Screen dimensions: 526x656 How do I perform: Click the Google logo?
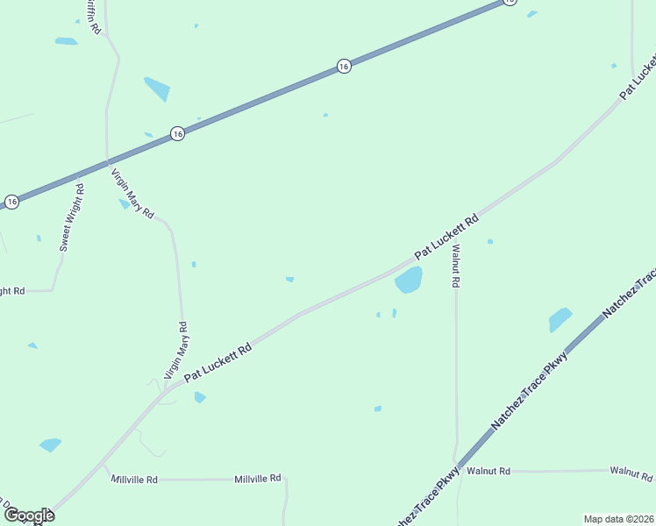tap(29, 515)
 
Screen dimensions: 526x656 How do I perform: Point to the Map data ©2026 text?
tap(619, 519)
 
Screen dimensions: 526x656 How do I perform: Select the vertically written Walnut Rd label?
tap(455, 266)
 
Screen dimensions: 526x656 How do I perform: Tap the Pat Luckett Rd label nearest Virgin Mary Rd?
tap(217, 360)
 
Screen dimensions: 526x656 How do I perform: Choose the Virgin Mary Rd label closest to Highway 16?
tap(133, 194)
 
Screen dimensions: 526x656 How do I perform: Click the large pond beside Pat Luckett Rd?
tap(409, 281)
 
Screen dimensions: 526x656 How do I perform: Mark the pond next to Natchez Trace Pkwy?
tap(560, 320)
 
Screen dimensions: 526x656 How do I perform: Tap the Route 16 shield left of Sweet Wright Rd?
tap(11, 202)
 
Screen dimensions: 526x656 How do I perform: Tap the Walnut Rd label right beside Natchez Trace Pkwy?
tap(488, 471)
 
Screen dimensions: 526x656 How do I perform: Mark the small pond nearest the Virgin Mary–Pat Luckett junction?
tap(200, 397)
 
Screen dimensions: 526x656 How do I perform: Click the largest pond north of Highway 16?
tap(158, 89)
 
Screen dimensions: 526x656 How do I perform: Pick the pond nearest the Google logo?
tap(51, 444)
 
